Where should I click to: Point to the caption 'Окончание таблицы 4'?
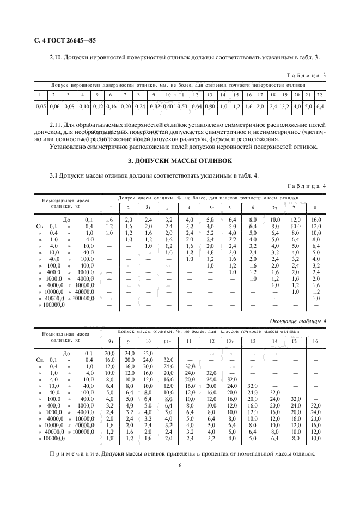click(x=298, y=321)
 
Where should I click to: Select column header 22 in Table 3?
click(x=320, y=95)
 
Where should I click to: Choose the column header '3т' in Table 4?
click(x=148, y=208)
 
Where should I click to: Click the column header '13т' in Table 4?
click(x=230, y=341)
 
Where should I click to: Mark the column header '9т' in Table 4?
click(x=110, y=341)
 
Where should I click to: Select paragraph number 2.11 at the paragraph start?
click(x=57, y=124)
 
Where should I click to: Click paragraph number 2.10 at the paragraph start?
click(x=57, y=57)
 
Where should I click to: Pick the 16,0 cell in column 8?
click(x=316, y=218)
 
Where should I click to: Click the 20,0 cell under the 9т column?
click(x=110, y=353)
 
